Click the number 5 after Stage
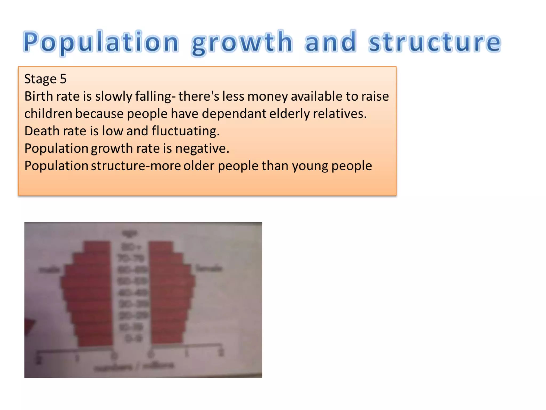click(63, 79)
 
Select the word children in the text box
click(48, 114)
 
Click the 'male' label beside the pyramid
click(49, 270)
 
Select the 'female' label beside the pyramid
click(208, 268)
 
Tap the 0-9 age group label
click(133, 338)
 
